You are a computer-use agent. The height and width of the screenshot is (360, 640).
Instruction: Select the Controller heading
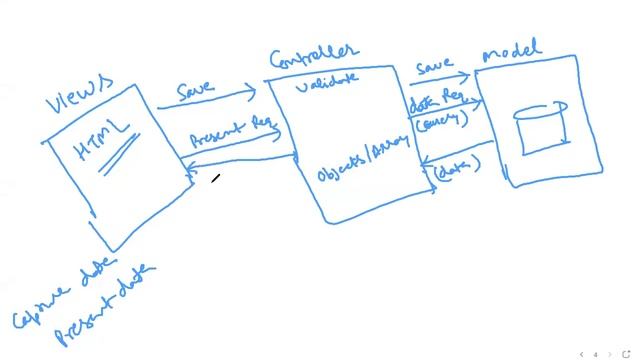click(314, 55)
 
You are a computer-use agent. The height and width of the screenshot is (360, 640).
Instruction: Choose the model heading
click(512, 50)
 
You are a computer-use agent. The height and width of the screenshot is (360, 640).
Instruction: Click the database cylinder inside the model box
click(541, 126)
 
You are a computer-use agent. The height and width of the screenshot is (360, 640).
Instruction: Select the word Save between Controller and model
click(436, 67)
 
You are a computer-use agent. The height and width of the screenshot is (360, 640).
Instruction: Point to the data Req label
click(435, 102)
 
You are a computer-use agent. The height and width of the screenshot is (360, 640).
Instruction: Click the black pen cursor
click(216, 179)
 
